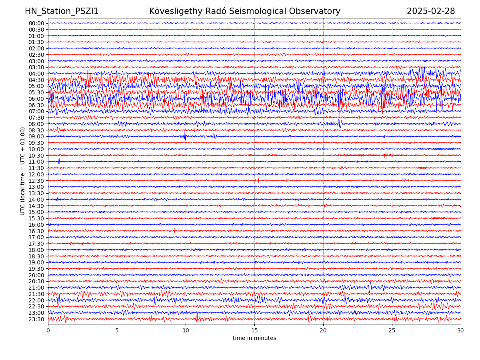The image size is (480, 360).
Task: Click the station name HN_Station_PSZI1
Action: click(62, 11)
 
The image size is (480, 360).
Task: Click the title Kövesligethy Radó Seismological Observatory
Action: click(244, 11)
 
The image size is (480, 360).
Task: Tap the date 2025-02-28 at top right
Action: click(431, 11)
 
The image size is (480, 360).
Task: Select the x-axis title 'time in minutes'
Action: click(254, 338)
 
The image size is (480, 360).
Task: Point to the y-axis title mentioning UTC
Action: click(23, 171)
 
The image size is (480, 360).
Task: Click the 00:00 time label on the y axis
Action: click(36, 23)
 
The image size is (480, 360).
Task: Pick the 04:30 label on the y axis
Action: click(36, 80)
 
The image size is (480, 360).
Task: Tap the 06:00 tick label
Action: click(36, 99)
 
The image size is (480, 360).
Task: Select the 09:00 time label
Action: click(36, 136)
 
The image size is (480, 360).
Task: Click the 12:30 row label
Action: click(36, 181)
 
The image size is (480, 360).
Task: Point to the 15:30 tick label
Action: click(36, 218)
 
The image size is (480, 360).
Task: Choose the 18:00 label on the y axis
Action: click(36, 250)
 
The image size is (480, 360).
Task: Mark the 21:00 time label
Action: click(36, 288)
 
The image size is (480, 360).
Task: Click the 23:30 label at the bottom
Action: click(36, 319)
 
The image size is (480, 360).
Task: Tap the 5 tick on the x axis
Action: click(117, 330)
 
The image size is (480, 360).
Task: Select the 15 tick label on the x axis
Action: click(254, 330)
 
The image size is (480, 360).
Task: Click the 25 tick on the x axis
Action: click(392, 330)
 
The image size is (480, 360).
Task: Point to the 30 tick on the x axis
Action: click(461, 330)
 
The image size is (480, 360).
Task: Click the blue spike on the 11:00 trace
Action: click(59, 161)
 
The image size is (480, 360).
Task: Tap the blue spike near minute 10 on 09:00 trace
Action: click(185, 136)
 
